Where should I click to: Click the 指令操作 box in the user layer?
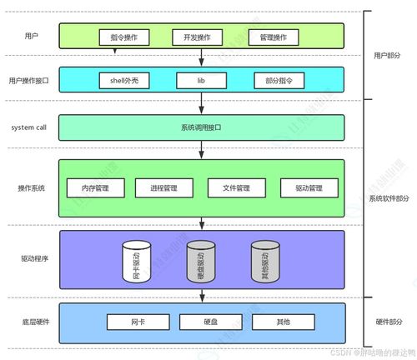click(123, 37)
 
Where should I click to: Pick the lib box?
click(201, 81)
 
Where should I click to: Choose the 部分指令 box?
click(279, 81)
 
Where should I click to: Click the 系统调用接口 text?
click(201, 127)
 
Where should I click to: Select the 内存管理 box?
click(94, 188)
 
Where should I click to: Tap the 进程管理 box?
click(163, 188)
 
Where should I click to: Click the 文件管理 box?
click(235, 188)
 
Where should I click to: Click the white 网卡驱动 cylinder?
click(136, 261)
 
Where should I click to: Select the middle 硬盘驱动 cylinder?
click(200, 261)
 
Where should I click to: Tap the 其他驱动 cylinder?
click(264, 261)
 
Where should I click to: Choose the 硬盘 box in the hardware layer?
click(209, 321)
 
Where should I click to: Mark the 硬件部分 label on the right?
click(389, 321)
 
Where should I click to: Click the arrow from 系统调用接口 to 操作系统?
click(201, 150)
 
